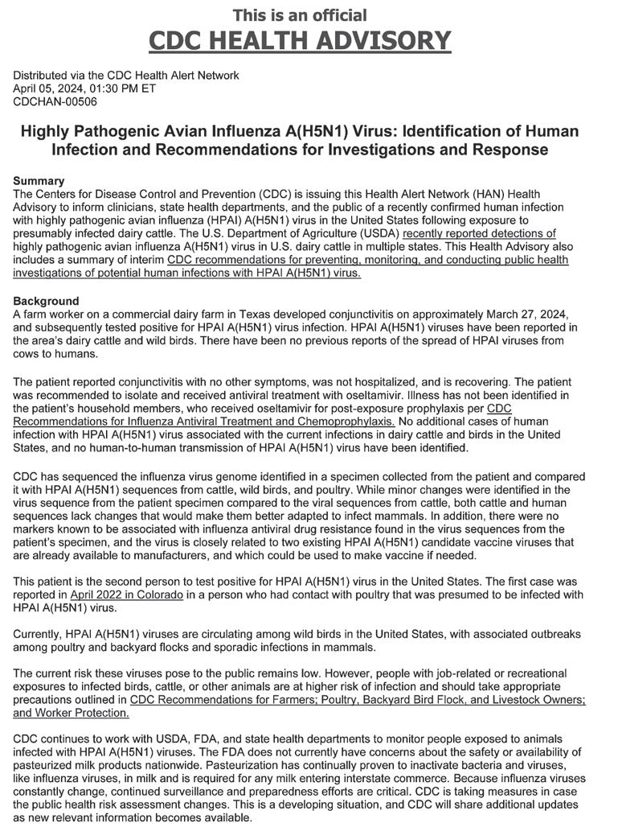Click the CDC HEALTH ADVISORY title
pos(300,40)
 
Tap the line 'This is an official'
pos(300,15)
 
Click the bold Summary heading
pos(39,182)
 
